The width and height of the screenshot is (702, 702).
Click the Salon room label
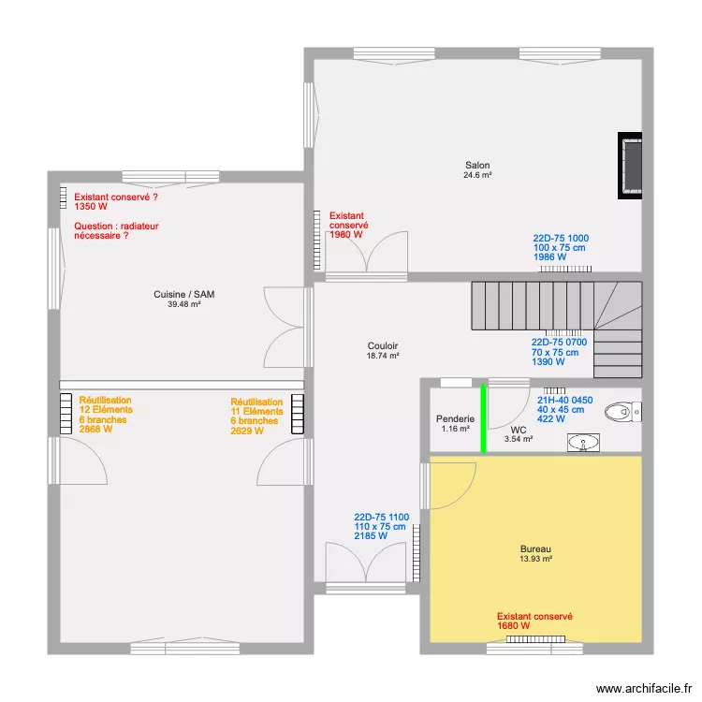477,165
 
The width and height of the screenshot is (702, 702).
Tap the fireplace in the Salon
630,165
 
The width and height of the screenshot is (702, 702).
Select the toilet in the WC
622,412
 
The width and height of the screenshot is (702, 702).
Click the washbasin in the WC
583,443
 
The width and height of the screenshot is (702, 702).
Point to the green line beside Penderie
483,418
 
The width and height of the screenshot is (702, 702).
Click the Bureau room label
535,548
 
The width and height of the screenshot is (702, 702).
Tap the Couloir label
382,345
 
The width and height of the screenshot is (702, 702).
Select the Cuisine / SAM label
184,294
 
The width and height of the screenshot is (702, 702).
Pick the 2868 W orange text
95,429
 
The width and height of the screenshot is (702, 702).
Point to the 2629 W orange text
247,431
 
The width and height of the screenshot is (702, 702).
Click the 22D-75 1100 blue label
382,517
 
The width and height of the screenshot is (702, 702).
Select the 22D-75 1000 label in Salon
561,238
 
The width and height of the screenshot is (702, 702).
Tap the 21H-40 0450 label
565,400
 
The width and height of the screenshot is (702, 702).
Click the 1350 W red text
91,207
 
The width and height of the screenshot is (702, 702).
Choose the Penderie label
455,418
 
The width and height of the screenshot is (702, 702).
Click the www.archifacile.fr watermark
644,689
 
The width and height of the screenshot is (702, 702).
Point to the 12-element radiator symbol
66,414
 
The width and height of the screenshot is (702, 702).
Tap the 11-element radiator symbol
298,414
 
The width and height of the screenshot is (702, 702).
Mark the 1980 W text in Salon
346,235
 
